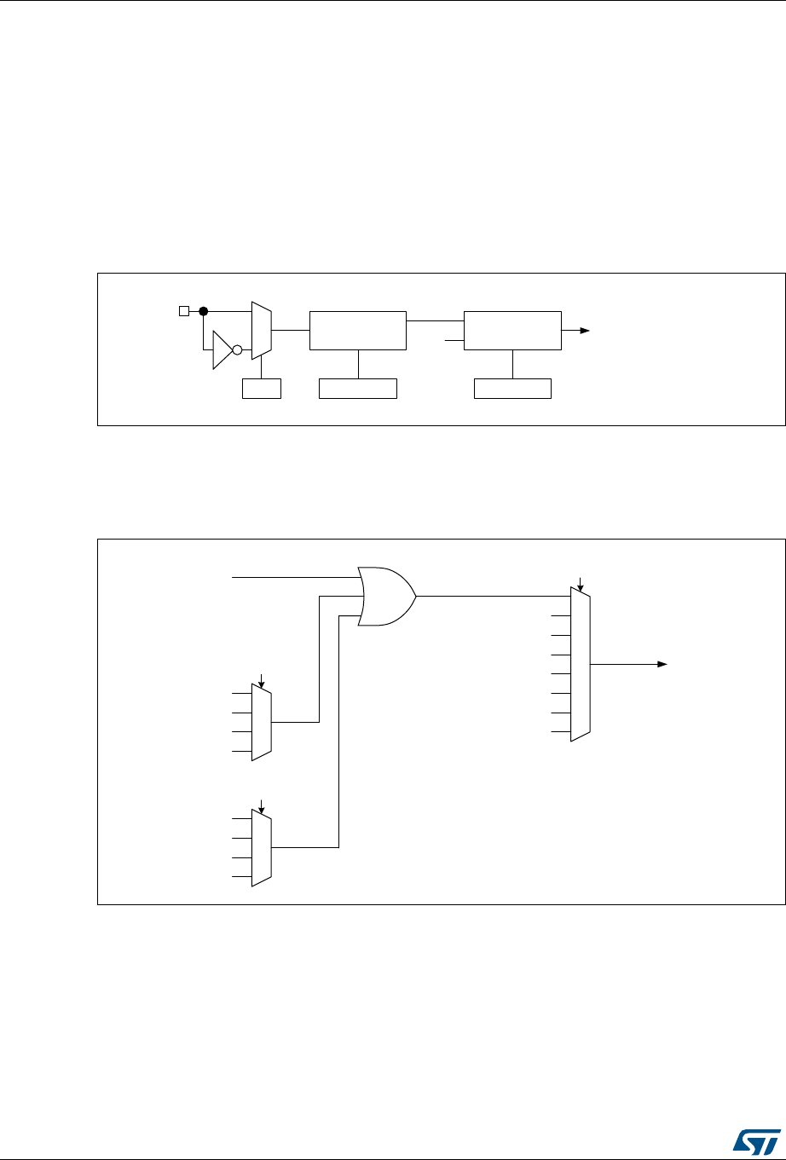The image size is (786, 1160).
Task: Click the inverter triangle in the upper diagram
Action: pyautogui.click(x=223, y=349)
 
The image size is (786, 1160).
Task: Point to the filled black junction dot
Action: pyautogui.click(x=204, y=311)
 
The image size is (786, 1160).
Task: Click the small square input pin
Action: pyautogui.click(x=182, y=311)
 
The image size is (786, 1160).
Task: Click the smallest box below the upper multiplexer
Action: pyautogui.click(x=262, y=390)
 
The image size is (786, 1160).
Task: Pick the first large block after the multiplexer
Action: pyautogui.click(x=358, y=330)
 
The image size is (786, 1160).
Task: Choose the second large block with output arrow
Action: pyautogui.click(x=512, y=330)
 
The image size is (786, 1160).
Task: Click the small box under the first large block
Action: pyautogui.click(x=358, y=390)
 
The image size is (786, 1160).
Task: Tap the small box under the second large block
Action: pyautogui.click(x=512, y=390)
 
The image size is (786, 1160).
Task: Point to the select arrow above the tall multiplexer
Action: pyautogui.click(x=581, y=585)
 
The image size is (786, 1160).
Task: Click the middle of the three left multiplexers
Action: pyautogui.click(x=262, y=721)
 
